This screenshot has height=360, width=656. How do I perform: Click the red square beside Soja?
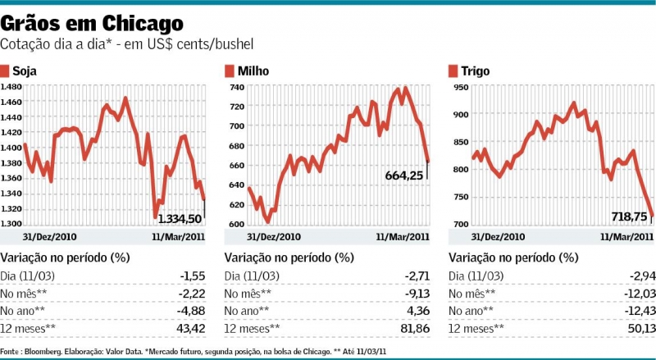coord(5,71)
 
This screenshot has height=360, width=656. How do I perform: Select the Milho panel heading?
coord(253,71)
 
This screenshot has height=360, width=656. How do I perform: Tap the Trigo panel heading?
coord(476,71)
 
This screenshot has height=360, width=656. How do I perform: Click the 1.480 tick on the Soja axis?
coord(11,86)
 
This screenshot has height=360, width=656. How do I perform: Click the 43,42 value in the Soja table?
coord(190,328)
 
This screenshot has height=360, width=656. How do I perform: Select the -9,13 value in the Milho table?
coord(415,293)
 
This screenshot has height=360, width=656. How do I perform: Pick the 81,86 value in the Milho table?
coord(415,328)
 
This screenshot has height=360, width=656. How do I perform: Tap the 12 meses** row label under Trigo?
coord(476,328)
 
